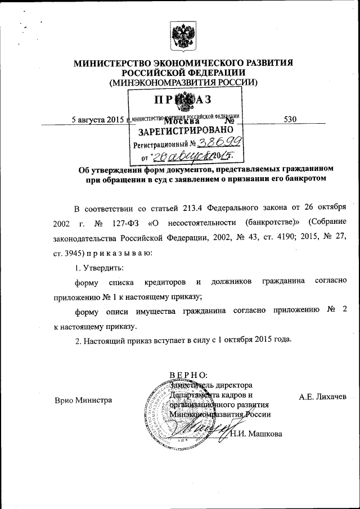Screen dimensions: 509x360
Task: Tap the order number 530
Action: [x=290, y=119]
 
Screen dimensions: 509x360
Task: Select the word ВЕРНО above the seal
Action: [x=188, y=374]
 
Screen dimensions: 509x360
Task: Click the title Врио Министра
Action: [x=83, y=400]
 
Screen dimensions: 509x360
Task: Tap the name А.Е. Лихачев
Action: [x=323, y=397]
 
